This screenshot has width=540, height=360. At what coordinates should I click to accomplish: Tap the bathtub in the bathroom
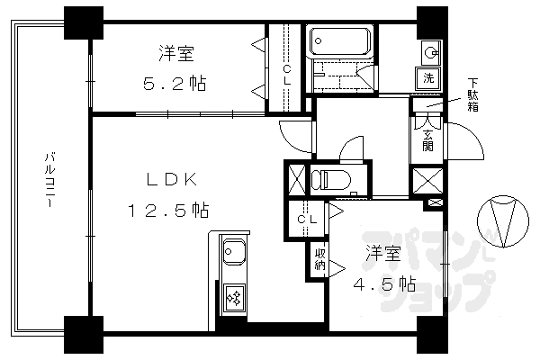click(340, 41)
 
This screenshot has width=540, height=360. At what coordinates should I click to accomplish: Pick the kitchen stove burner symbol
click(232, 298)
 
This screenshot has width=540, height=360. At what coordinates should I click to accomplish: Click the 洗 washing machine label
click(429, 77)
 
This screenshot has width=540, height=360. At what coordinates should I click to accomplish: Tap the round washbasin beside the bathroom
click(429, 49)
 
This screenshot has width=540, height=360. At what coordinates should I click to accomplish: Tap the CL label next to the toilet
click(305, 219)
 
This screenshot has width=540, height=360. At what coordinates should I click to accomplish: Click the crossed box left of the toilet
click(295, 177)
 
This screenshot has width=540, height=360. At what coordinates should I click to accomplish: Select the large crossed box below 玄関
click(425, 180)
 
